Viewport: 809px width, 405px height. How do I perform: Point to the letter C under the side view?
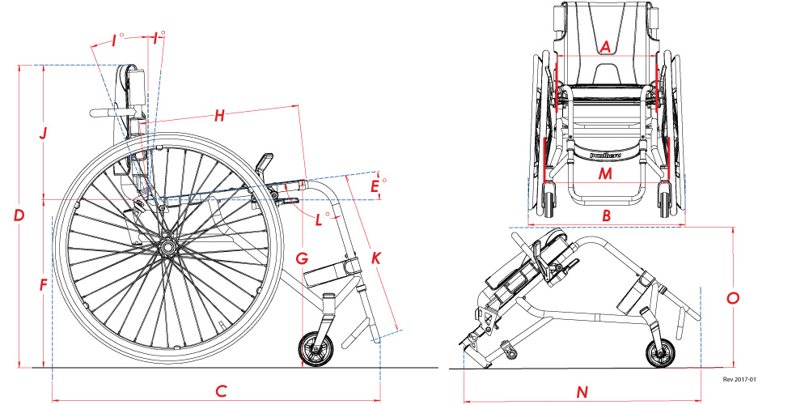(220, 391)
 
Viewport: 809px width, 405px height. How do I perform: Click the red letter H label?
(219, 116)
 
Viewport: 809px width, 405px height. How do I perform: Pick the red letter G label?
(302, 259)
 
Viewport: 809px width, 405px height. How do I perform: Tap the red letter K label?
(376, 259)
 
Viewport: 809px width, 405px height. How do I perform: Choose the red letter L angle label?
(320, 219)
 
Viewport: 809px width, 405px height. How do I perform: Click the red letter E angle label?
(374, 187)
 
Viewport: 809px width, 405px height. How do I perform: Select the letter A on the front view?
(604, 48)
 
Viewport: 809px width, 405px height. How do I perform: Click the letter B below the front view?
(605, 215)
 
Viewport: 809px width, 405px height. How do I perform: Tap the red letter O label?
(733, 298)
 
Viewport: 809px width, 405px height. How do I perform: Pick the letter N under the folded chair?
(581, 393)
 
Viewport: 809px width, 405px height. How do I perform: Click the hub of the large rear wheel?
(168, 245)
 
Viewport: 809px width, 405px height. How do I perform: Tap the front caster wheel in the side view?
(316, 350)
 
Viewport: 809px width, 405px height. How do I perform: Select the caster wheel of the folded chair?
(660, 354)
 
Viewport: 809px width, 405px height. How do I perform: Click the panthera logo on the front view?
(604, 151)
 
